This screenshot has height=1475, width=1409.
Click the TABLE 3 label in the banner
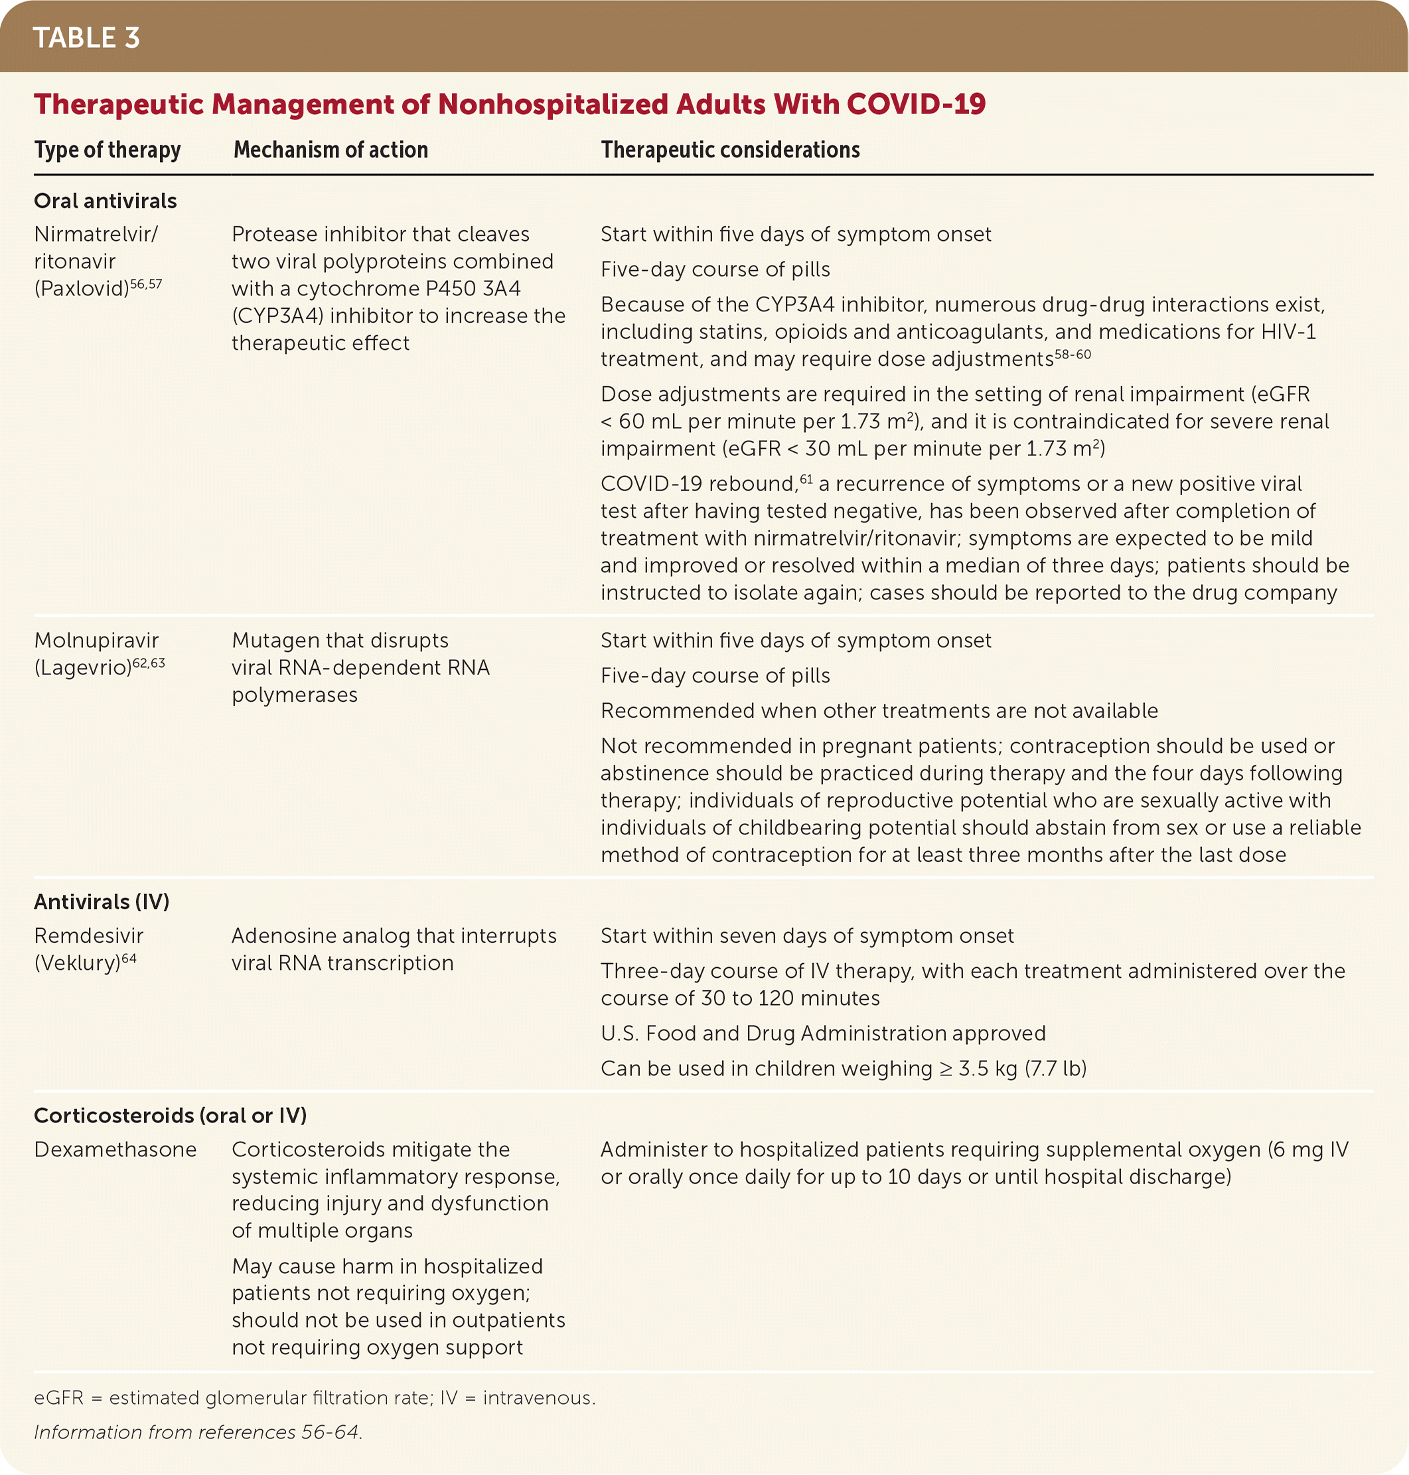tap(86, 38)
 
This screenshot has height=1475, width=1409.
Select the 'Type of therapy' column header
tap(108, 150)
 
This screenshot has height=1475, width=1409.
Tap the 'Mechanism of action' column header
tap(331, 150)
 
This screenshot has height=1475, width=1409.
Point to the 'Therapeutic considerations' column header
tap(730, 150)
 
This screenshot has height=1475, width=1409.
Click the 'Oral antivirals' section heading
tap(105, 200)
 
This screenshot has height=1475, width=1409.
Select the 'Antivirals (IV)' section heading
tap(102, 901)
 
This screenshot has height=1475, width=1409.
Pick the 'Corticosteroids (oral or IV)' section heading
tap(171, 1115)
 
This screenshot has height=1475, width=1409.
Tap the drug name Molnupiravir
tap(96, 641)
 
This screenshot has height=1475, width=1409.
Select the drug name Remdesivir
tap(89, 936)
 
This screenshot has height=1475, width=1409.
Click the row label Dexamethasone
tap(115, 1149)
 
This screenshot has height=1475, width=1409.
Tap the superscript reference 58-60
tap(1073, 354)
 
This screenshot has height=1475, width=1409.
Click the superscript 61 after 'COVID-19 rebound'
tap(806, 479)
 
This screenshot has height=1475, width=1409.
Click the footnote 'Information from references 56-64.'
tap(198, 1433)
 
